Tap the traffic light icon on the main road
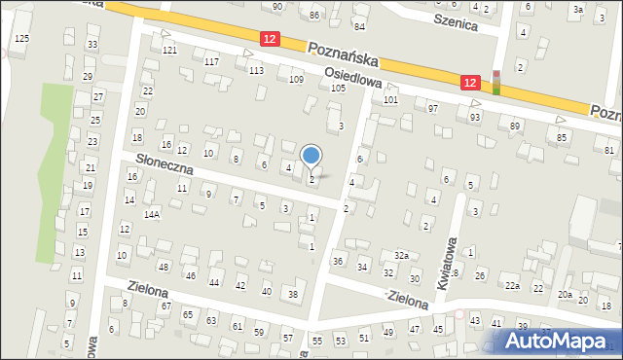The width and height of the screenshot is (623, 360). coord(495,83)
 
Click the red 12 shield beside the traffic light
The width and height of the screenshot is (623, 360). coord(471,84)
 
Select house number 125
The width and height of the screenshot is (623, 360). coord(21,38)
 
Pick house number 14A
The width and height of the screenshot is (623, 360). coord(151,213)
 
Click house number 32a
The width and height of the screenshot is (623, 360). coord(400,255)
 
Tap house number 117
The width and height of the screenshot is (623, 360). coord(211,61)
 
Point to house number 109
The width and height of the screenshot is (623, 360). coord(297,79)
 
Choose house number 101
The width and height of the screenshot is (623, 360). coord(390,99)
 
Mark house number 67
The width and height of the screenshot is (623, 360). coord(165,306)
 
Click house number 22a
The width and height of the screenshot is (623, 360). coord(511,285)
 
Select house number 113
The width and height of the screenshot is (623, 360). coord(256,70)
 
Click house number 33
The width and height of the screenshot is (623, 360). coord(92,45)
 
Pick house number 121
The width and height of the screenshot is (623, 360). coord(169,50)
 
